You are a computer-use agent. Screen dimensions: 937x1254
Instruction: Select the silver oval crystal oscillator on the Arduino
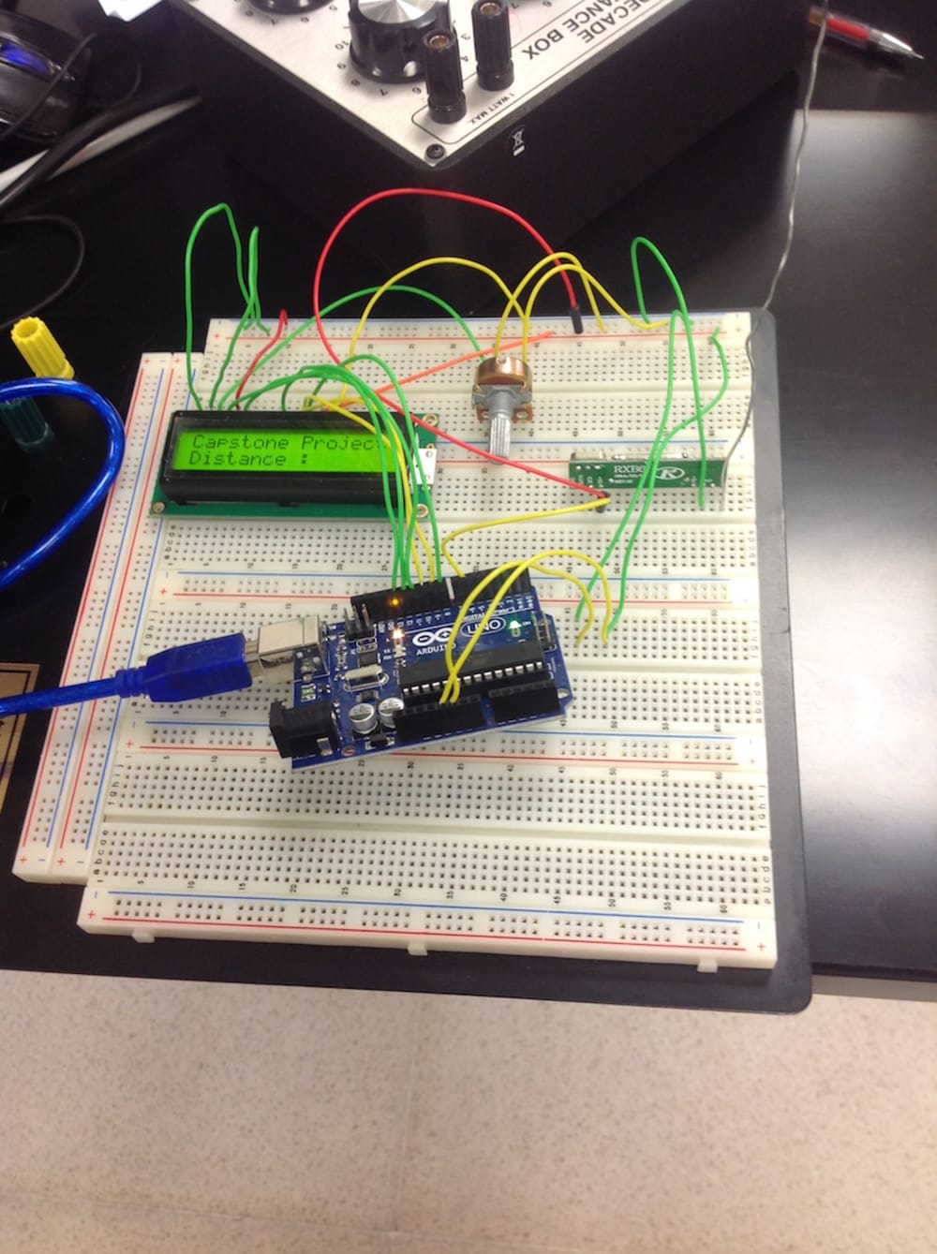357,680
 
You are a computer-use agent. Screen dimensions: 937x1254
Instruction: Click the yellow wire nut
41,347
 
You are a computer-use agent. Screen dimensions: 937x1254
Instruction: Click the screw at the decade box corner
434,153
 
